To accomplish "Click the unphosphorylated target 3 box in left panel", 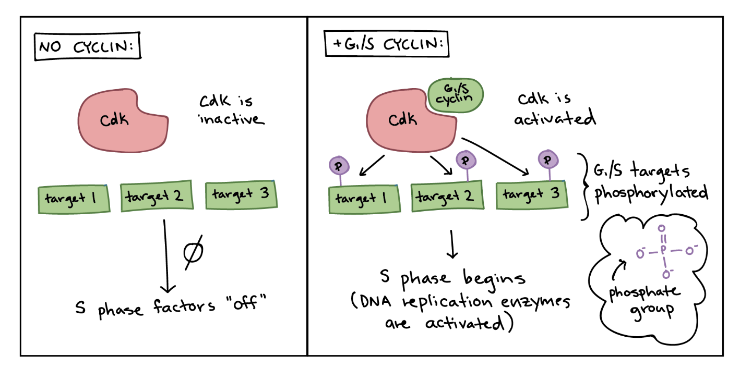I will (x=241, y=195).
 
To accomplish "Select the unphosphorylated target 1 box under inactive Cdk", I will (x=74, y=199).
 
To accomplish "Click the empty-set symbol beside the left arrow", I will (x=193, y=253).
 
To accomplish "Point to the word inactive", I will (x=233, y=119).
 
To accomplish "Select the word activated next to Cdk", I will (x=554, y=119).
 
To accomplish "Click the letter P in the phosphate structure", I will (x=663, y=251).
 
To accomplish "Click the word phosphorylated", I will (x=651, y=193).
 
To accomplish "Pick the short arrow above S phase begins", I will (x=452, y=246).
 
